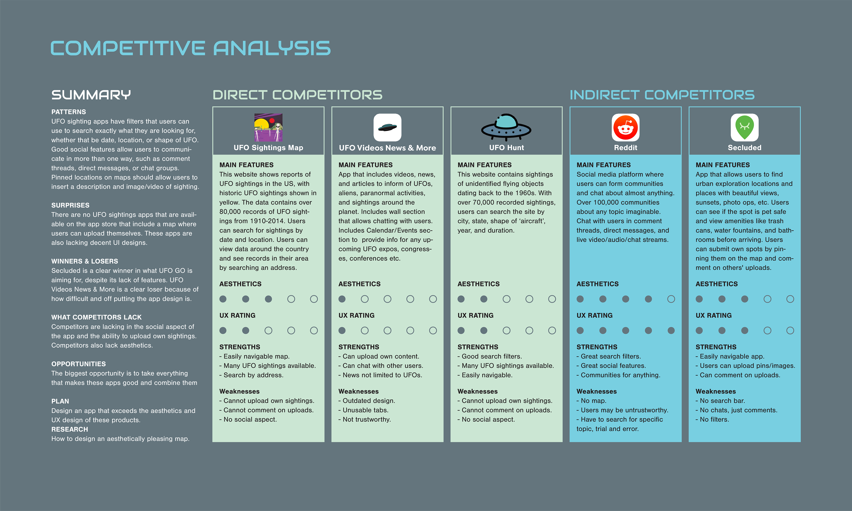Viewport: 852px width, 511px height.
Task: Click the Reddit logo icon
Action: coord(625,127)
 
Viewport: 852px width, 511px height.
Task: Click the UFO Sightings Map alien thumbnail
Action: coord(268,127)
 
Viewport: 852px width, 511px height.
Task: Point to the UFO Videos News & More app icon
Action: coord(387,127)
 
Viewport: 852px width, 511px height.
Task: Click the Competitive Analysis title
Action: coord(190,48)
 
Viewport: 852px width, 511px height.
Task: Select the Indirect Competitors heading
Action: coord(662,95)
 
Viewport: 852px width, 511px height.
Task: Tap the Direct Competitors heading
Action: coord(298,95)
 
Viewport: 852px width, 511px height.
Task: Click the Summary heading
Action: coord(91,95)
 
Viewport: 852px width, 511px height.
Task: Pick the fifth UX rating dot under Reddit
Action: coord(671,330)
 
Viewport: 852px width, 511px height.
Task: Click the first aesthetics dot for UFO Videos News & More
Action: coord(342,299)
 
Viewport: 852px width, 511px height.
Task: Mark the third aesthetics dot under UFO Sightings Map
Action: coord(268,299)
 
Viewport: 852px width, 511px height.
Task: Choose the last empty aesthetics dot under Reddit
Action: coord(671,299)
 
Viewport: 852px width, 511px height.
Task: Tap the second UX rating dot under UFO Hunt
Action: coord(483,330)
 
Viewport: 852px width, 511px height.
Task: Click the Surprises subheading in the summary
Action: coord(70,205)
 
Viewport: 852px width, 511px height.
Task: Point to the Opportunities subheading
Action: coord(79,364)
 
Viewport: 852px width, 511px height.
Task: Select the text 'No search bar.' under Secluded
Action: coord(722,401)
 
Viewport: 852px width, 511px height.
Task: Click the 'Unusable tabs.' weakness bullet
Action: coord(365,410)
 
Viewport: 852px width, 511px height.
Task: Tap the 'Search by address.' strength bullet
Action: coord(253,375)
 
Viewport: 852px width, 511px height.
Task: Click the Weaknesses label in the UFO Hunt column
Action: coord(477,391)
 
